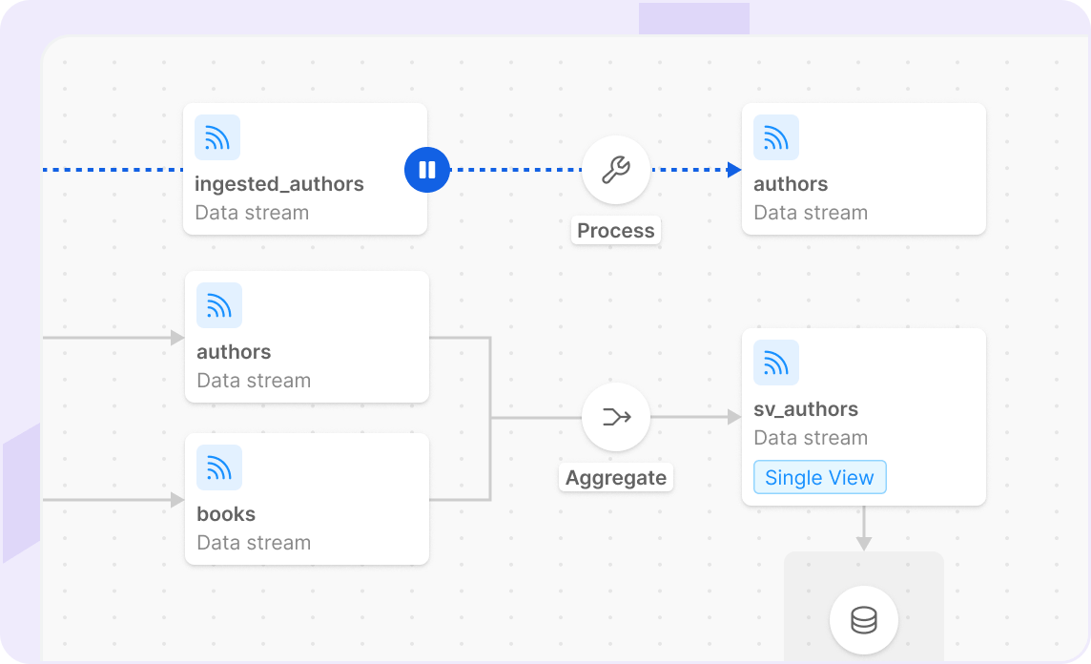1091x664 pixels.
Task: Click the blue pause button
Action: click(426, 170)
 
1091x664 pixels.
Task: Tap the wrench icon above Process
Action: click(616, 170)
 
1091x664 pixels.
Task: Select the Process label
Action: click(616, 231)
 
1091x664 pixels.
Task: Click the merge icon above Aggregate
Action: click(616, 417)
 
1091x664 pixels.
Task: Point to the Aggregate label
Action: click(616, 478)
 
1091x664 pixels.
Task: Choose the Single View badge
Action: click(819, 478)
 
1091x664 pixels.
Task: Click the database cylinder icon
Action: click(863, 621)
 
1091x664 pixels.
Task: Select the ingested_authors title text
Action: click(279, 184)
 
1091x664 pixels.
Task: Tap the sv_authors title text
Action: click(806, 409)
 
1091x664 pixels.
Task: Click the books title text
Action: click(226, 514)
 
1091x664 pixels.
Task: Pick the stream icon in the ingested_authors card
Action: click(217, 137)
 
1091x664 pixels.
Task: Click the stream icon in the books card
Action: click(219, 467)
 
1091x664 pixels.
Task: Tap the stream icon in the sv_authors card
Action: click(776, 363)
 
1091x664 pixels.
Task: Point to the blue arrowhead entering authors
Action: click(734, 170)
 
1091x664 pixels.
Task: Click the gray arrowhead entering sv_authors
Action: click(734, 417)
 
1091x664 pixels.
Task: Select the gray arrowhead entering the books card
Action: click(177, 500)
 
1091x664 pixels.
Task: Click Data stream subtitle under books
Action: click(254, 543)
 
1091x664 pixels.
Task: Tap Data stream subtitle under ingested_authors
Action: click(252, 213)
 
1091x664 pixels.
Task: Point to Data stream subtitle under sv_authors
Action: click(811, 438)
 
